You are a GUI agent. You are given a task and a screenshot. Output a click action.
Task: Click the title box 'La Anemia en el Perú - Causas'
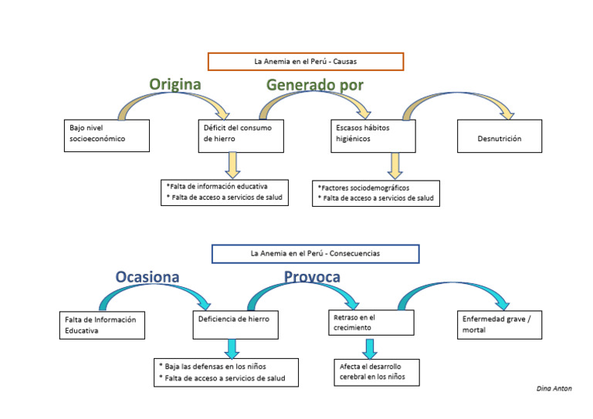coord(306,61)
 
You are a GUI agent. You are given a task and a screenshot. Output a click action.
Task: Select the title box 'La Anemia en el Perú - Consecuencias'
coord(315,253)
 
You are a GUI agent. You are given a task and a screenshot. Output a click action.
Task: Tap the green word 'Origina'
coord(175,84)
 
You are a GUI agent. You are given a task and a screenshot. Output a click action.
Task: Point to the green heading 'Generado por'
coord(314,85)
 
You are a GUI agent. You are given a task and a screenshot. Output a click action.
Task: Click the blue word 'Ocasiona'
coord(147,276)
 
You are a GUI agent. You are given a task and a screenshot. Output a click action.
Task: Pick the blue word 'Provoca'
coord(312,276)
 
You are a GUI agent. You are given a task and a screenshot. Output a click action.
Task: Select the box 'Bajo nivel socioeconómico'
coord(107,135)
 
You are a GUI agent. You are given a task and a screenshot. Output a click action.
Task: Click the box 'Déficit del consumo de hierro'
coord(241,135)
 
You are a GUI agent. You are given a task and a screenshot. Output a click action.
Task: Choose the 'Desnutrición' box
coord(500,139)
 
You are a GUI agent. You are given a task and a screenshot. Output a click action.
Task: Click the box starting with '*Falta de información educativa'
coord(225,192)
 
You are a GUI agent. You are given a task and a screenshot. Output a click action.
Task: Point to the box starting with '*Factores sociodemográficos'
coord(378,193)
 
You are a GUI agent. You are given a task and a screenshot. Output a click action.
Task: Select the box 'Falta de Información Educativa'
coord(102,325)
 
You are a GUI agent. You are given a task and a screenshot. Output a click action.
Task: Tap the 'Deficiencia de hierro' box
coord(235,324)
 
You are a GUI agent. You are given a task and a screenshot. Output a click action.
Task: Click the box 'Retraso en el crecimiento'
coord(371,323)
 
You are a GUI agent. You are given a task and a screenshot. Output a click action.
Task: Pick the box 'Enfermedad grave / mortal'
coord(500,324)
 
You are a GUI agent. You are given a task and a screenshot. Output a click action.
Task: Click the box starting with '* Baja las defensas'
coord(225,372)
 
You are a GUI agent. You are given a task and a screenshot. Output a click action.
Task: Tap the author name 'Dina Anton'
coord(554,389)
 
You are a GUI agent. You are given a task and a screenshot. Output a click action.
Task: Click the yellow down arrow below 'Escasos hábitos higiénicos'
coord(395,165)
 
